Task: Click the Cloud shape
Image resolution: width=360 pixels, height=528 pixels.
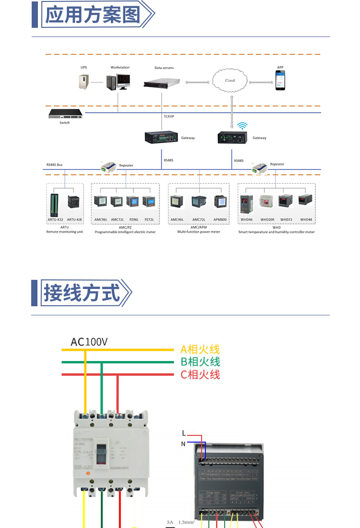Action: (x=231, y=80)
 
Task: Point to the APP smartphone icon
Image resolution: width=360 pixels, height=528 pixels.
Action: (x=280, y=80)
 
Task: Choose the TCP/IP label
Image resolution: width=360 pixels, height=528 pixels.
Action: (x=168, y=116)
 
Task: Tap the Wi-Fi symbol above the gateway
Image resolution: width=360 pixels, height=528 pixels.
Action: (x=243, y=126)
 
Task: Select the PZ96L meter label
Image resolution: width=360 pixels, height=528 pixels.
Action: (x=133, y=219)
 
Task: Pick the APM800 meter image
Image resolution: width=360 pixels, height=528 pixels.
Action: (x=220, y=202)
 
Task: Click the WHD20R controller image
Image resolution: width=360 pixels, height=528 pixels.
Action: (x=267, y=202)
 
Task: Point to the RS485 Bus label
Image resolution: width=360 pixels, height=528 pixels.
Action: (x=54, y=165)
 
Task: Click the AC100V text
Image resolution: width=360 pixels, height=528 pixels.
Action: (x=89, y=342)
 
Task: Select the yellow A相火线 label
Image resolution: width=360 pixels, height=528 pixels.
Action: (x=200, y=349)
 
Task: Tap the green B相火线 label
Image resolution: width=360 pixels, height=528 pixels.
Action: (x=200, y=362)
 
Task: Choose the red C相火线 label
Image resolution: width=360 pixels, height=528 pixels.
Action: (x=200, y=374)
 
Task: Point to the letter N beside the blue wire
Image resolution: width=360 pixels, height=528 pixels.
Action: (x=183, y=444)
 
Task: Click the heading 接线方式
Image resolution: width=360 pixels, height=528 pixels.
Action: (x=82, y=292)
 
